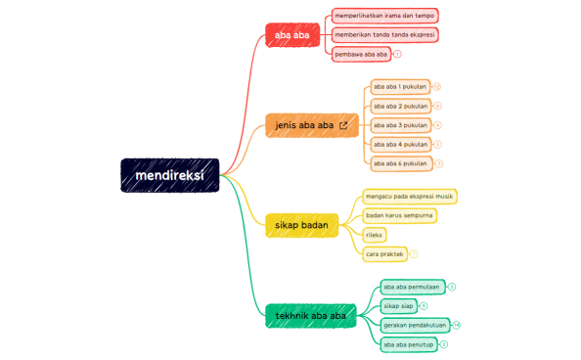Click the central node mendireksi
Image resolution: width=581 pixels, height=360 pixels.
click(169, 175)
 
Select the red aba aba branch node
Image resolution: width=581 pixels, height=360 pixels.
click(291, 35)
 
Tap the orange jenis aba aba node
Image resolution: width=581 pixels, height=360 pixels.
click(305, 125)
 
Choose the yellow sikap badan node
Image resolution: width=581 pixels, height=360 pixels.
click(301, 225)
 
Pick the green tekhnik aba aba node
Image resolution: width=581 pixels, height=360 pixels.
click(311, 316)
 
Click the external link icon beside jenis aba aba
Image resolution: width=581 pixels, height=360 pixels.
click(343, 125)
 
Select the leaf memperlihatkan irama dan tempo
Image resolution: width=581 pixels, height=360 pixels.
click(384, 16)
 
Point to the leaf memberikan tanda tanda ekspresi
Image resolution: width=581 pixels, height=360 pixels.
click(384, 34)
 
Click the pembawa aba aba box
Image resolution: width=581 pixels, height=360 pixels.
click(361, 54)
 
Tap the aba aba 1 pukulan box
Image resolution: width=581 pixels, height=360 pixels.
click(400, 87)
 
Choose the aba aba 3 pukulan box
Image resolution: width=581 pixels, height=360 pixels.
click(400, 125)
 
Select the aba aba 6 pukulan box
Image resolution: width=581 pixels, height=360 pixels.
click(400, 163)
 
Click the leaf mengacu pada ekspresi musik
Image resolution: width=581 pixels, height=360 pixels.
click(409, 196)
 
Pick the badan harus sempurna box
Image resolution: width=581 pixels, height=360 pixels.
click(399, 215)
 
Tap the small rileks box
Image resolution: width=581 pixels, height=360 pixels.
click(374, 235)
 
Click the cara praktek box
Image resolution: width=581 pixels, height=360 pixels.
click(384, 254)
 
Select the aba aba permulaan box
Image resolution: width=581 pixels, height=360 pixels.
click(412, 287)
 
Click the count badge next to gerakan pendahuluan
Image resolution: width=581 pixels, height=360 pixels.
click(456, 325)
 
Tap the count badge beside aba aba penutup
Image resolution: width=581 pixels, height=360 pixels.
click(444, 344)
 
